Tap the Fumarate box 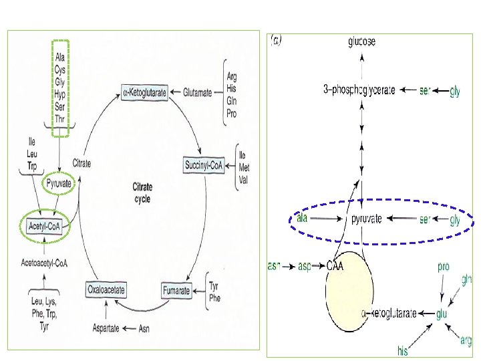point(177,290)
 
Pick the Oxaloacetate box point(106,290)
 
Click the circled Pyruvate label point(57,182)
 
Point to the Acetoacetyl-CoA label point(45,263)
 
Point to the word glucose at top point(362,41)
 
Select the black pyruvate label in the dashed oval point(367,219)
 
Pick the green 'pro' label point(444,266)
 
